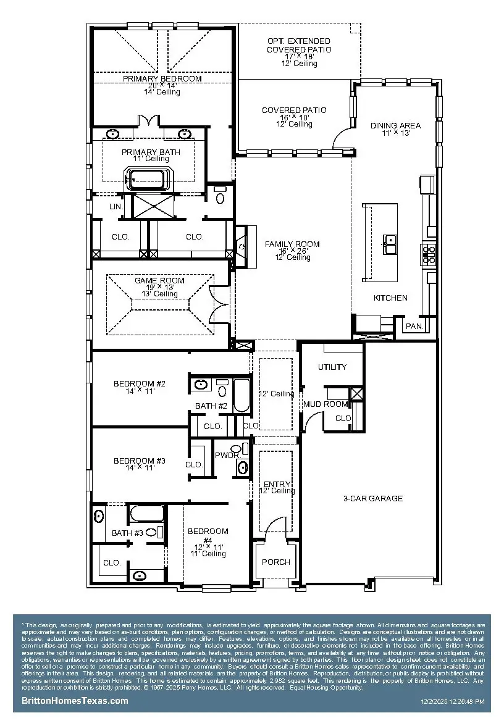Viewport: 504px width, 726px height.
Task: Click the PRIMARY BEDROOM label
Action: coord(162,79)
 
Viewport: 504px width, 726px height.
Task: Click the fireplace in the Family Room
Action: coord(241,246)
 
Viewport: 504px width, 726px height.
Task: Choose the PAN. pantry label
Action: coord(413,326)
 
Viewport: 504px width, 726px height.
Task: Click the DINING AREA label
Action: coord(395,126)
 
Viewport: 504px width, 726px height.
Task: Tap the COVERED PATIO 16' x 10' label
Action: coord(294,111)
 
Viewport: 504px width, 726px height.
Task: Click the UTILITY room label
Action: coord(332,367)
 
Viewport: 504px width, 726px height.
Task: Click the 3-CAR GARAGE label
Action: coord(373,498)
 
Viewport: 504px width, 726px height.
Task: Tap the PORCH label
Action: coord(275,562)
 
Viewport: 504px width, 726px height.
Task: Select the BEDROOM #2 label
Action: coord(139,384)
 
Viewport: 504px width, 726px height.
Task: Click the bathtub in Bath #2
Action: coord(241,394)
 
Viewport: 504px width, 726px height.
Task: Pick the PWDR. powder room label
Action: coord(224,455)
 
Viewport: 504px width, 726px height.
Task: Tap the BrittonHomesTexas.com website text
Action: coord(75,701)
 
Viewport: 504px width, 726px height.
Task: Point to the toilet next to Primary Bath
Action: coord(220,197)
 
